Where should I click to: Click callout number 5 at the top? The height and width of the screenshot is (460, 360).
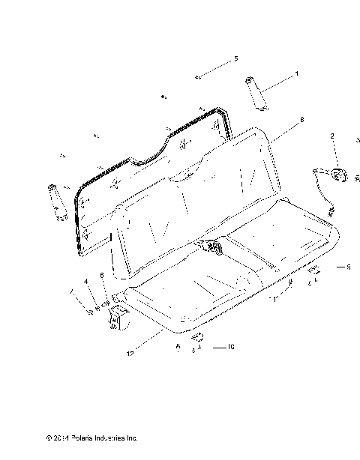235,58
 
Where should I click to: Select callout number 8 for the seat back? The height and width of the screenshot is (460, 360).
301,119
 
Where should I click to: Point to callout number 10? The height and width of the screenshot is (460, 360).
231,348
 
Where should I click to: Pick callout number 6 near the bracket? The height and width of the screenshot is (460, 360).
102,275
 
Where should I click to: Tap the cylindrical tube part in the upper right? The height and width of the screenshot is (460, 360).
256,93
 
